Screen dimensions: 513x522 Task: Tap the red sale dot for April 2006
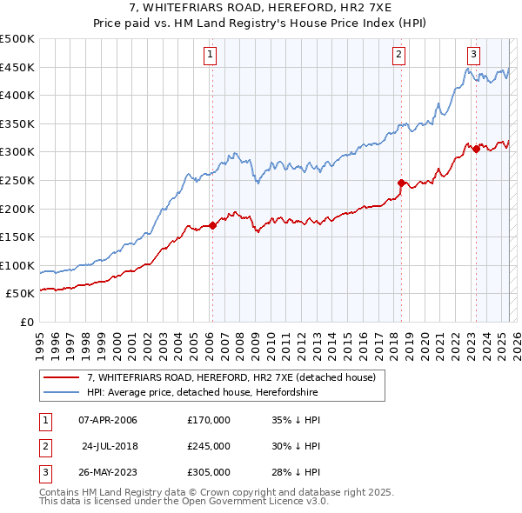(x=212, y=226)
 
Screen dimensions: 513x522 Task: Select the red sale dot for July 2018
(x=401, y=183)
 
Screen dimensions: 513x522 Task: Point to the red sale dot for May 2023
(x=476, y=150)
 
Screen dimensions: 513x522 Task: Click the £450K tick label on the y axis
(x=18, y=67)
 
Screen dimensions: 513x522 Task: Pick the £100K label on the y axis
(x=18, y=265)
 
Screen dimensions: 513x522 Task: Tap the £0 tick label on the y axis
(x=27, y=322)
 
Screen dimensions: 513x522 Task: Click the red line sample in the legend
(x=62, y=377)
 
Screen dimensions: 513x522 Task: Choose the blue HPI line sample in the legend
(x=62, y=393)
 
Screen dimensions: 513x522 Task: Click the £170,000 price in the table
(x=209, y=421)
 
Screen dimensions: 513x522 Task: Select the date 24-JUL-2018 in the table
(x=110, y=446)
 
